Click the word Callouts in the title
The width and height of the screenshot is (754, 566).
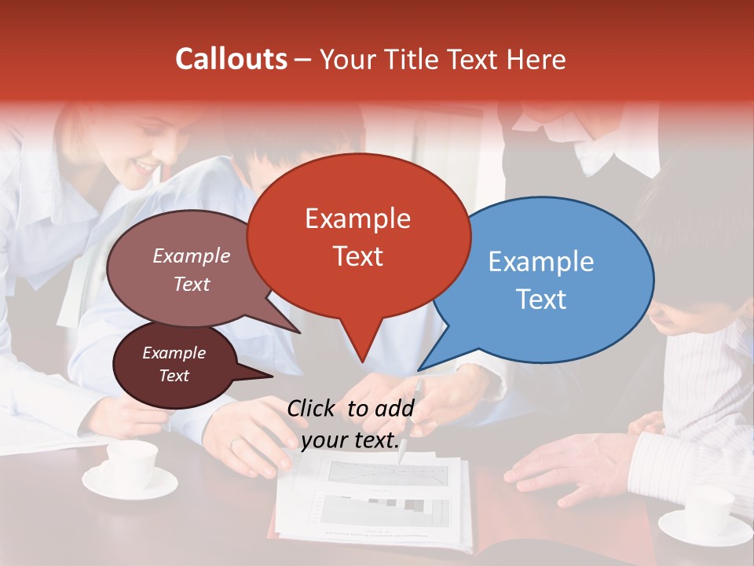tap(231, 59)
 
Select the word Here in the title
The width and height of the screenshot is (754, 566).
tap(533, 59)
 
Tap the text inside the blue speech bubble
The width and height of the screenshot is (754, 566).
tap(541, 280)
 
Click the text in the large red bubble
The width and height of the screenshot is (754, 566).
tap(358, 237)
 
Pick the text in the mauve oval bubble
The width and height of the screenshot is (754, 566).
tap(192, 270)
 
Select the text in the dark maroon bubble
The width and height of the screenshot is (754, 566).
tap(174, 365)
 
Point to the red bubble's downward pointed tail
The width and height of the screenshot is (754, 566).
tap(361, 350)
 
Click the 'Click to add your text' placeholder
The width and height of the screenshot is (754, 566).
tap(350, 424)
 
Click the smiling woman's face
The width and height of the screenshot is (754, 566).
tap(153, 149)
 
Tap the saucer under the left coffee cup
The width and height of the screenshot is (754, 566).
tap(130, 483)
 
